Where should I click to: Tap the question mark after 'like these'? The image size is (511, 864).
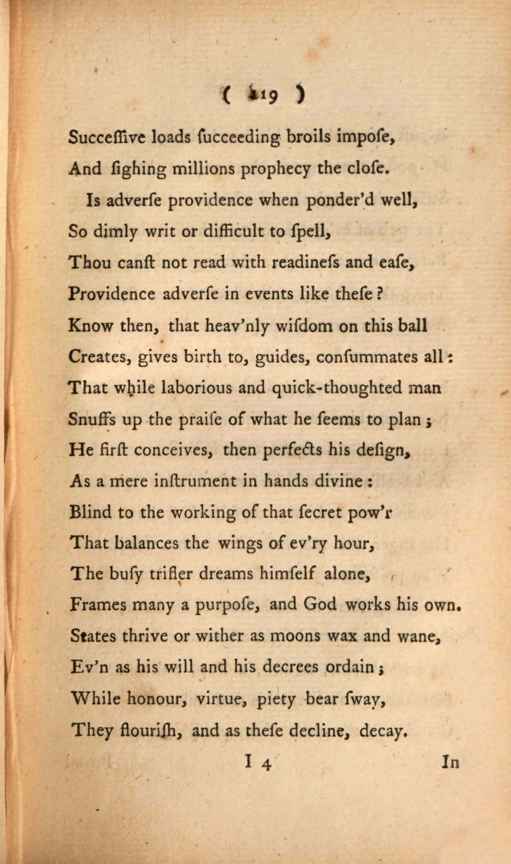click(x=379, y=294)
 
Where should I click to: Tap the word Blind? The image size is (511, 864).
click(x=91, y=512)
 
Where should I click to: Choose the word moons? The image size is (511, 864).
click(x=295, y=636)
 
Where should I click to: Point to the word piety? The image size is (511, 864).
click(x=276, y=699)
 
